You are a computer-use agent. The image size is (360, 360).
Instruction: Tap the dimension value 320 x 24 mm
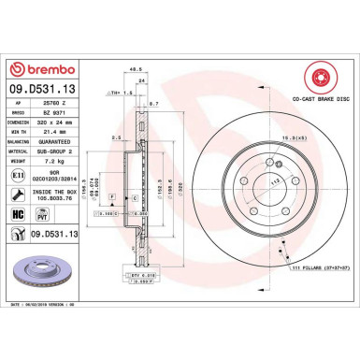pyautogui.click(x=58, y=123)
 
